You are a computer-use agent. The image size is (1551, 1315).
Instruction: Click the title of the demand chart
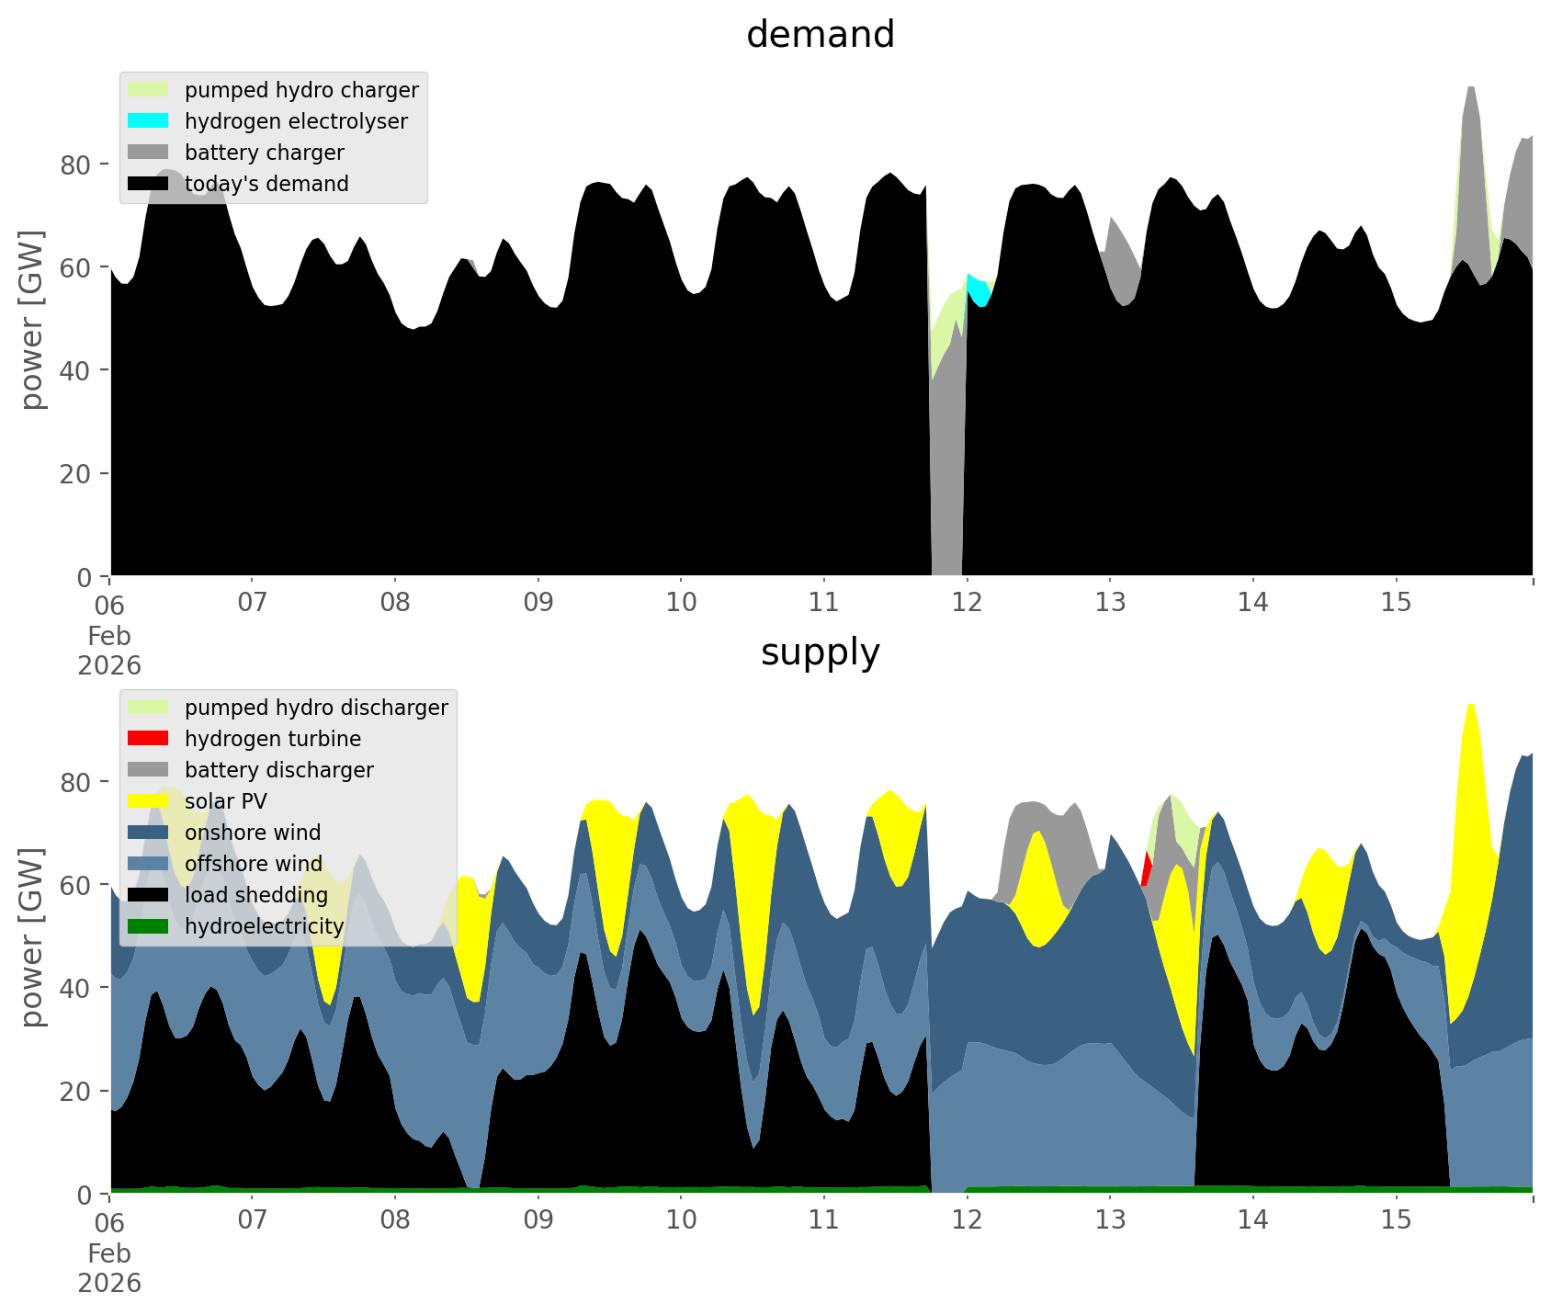(x=820, y=35)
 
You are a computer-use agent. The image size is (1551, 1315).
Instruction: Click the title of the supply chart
(x=820, y=652)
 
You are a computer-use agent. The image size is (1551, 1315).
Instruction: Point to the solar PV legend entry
(x=225, y=801)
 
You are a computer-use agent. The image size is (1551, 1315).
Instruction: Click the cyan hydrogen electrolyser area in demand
(x=979, y=290)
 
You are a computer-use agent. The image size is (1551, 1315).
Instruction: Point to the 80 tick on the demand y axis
(x=76, y=165)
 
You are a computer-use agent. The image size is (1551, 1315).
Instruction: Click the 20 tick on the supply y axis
(x=76, y=1092)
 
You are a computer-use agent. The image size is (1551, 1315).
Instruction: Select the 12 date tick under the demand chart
(x=967, y=603)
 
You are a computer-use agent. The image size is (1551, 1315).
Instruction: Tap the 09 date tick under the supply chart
(x=538, y=1220)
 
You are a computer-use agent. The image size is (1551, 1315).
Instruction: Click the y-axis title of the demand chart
(x=32, y=320)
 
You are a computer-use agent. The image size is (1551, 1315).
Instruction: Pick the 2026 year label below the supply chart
(x=109, y=1283)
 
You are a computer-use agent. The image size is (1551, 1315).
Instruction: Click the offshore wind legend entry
(x=253, y=864)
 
